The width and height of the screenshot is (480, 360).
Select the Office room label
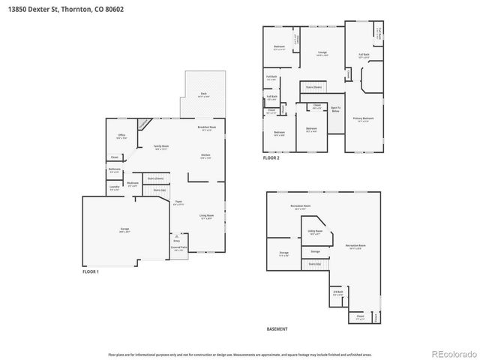(121, 136)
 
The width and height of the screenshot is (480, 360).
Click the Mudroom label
(132, 184)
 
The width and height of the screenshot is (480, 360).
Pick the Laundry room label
(114, 189)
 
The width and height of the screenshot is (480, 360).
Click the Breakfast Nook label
(207, 128)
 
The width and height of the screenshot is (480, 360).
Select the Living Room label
(206, 217)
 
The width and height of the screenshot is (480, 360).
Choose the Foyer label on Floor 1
(179, 202)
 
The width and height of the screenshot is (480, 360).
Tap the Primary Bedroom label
(363, 118)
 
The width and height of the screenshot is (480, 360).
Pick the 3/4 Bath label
(337, 292)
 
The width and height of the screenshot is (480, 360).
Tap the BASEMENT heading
(277, 329)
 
